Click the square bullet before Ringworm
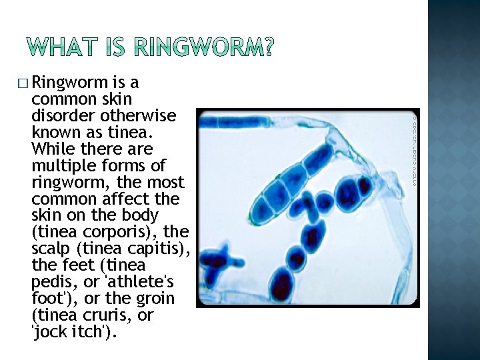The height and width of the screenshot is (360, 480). tap(23, 83)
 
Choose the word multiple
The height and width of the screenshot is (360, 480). tap(61, 165)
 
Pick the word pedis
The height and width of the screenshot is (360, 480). tap(51, 282)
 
